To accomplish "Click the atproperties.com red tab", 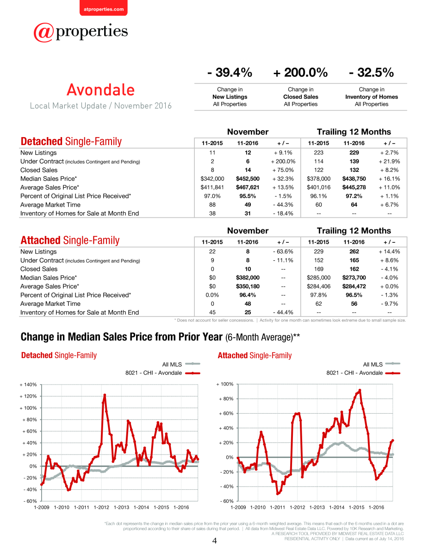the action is (x=104, y=8).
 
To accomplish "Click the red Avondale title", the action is (x=101, y=90).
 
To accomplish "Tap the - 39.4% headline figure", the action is (x=230, y=72).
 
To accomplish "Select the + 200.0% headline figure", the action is (x=300, y=72).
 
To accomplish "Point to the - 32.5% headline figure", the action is (x=371, y=72).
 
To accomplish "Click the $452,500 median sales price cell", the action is (x=248, y=178).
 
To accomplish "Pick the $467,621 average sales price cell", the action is (x=248, y=187).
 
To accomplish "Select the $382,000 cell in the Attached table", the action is (x=248, y=278).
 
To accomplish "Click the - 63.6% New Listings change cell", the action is (x=283, y=252).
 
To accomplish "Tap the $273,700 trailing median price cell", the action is (x=354, y=278).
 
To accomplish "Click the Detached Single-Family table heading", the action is (x=71, y=141).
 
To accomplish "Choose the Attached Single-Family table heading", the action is (x=70, y=240).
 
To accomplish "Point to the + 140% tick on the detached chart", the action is (x=28, y=385).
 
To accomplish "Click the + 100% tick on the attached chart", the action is (x=225, y=384).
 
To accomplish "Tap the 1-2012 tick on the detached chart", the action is (x=101, y=507).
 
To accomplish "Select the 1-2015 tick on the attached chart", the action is (x=356, y=507).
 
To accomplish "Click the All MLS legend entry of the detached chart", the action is (x=181, y=364).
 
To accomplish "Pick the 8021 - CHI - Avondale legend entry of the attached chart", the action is (x=363, y=373).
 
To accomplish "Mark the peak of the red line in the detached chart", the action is (x=105, y=395).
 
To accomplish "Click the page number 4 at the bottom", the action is (x=214, y=540).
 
